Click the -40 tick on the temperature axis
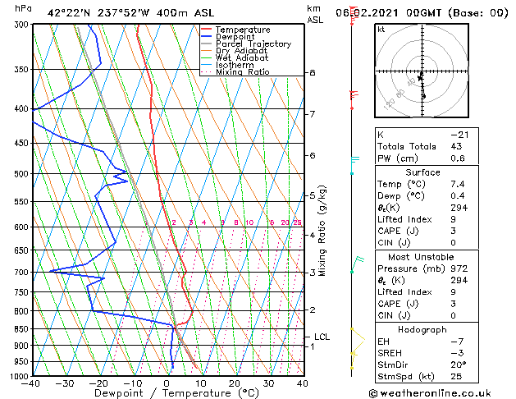point(32,383)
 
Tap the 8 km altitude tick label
point(313,73)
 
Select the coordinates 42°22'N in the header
point(71,12)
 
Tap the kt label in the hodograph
point(381,29)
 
